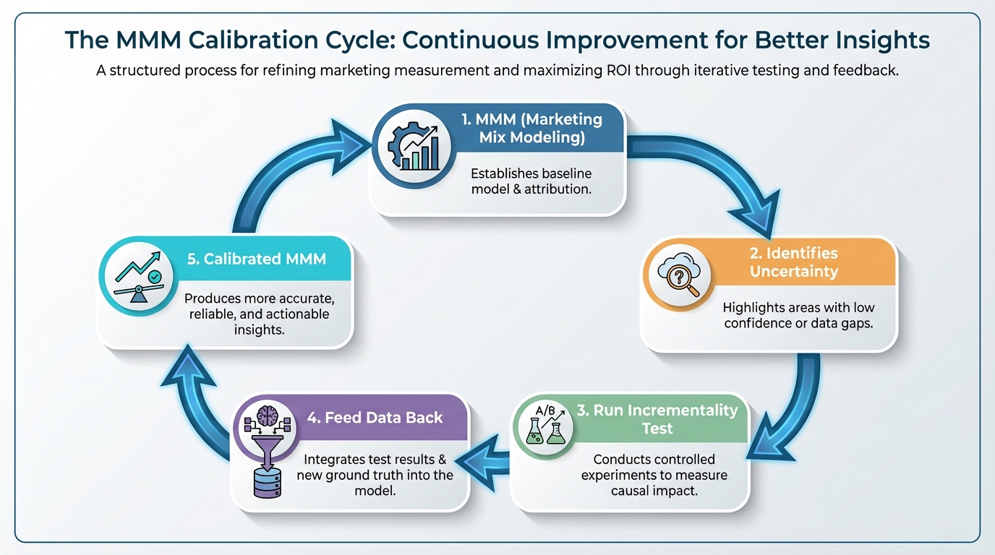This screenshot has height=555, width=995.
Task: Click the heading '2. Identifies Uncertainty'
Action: pos(793,262)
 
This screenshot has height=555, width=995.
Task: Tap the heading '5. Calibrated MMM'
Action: pos(256,259)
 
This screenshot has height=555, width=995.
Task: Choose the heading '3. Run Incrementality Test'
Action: pos(657,419)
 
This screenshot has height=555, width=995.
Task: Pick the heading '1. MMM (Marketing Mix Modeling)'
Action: pos(532,128)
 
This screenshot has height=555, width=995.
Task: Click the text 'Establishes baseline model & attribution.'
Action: pos(531,181)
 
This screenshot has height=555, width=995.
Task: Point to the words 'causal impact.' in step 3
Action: pos(654,489)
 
